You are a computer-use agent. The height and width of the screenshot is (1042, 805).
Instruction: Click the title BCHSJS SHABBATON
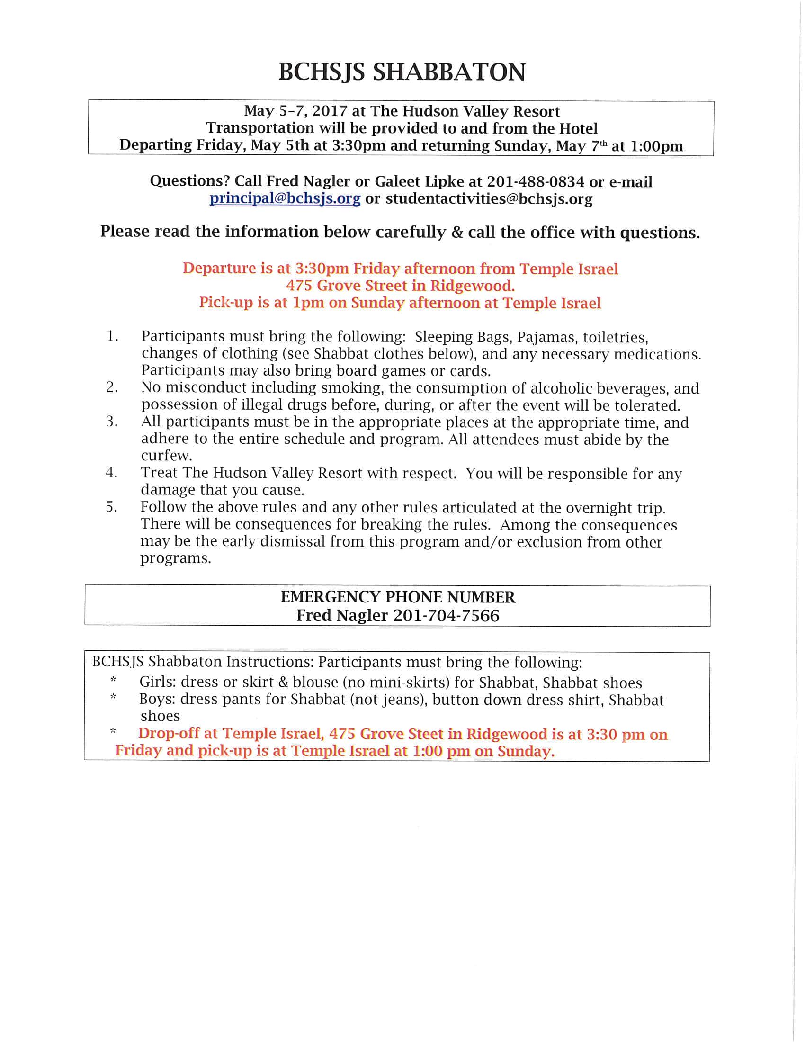tap(402, 72)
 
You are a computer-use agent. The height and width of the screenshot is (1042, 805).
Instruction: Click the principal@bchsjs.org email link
tap(285, 198)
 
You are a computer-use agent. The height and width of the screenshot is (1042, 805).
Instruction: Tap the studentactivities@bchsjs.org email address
tap(489, 198)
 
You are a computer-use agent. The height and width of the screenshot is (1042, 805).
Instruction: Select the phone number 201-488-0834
tap(535, 181)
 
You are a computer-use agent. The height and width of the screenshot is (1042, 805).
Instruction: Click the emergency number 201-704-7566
tap(446, 615)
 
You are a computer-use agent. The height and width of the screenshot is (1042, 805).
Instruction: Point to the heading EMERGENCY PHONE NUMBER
tap(398, 597)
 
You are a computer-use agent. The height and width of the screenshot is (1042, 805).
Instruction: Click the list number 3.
tap(112, 422)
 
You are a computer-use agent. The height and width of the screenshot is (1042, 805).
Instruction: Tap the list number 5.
tap(112, 507)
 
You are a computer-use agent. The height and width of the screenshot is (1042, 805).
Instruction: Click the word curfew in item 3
tap(166, 455)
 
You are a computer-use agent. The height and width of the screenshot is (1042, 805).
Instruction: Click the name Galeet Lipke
tap(419, 181)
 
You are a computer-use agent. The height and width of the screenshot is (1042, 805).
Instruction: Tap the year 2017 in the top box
tap(330, 111)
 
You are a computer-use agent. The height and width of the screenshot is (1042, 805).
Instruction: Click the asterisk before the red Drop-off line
tap(113, 731)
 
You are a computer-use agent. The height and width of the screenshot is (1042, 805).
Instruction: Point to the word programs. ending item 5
tap(176, 558)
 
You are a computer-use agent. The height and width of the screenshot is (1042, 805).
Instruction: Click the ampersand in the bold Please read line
tap(457, 233)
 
